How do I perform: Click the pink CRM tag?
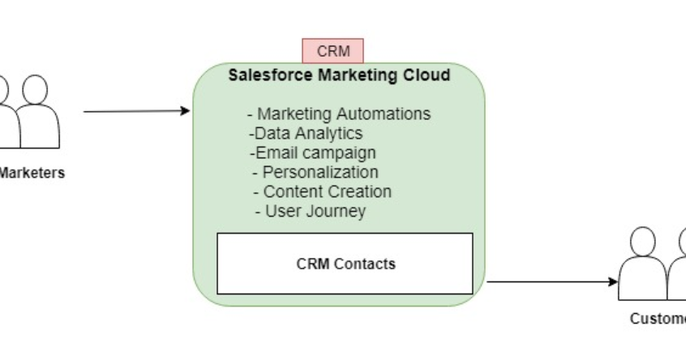332,51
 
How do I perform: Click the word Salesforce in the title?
266,76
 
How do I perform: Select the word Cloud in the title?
427,76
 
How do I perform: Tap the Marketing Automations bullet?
338,114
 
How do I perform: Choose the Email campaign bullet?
312,152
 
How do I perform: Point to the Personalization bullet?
315,172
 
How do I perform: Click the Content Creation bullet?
322,192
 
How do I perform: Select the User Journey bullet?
310,212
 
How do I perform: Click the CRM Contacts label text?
345,264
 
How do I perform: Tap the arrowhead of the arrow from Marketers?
185,111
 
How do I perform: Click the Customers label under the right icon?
658,319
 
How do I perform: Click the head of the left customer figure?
642,241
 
